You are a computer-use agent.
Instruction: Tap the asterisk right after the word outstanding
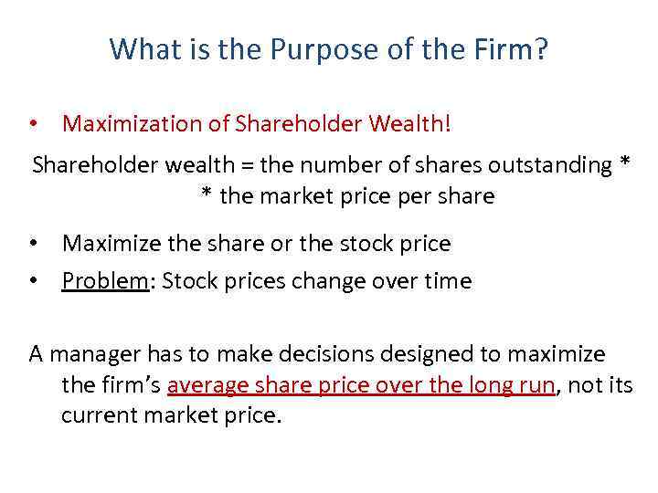pyautogui.click(x=624, y=164)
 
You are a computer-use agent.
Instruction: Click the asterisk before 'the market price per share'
pyautogui.click(x=207, y=194)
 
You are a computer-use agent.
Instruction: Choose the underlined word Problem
pyautogui.click(x=104, y=281)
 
